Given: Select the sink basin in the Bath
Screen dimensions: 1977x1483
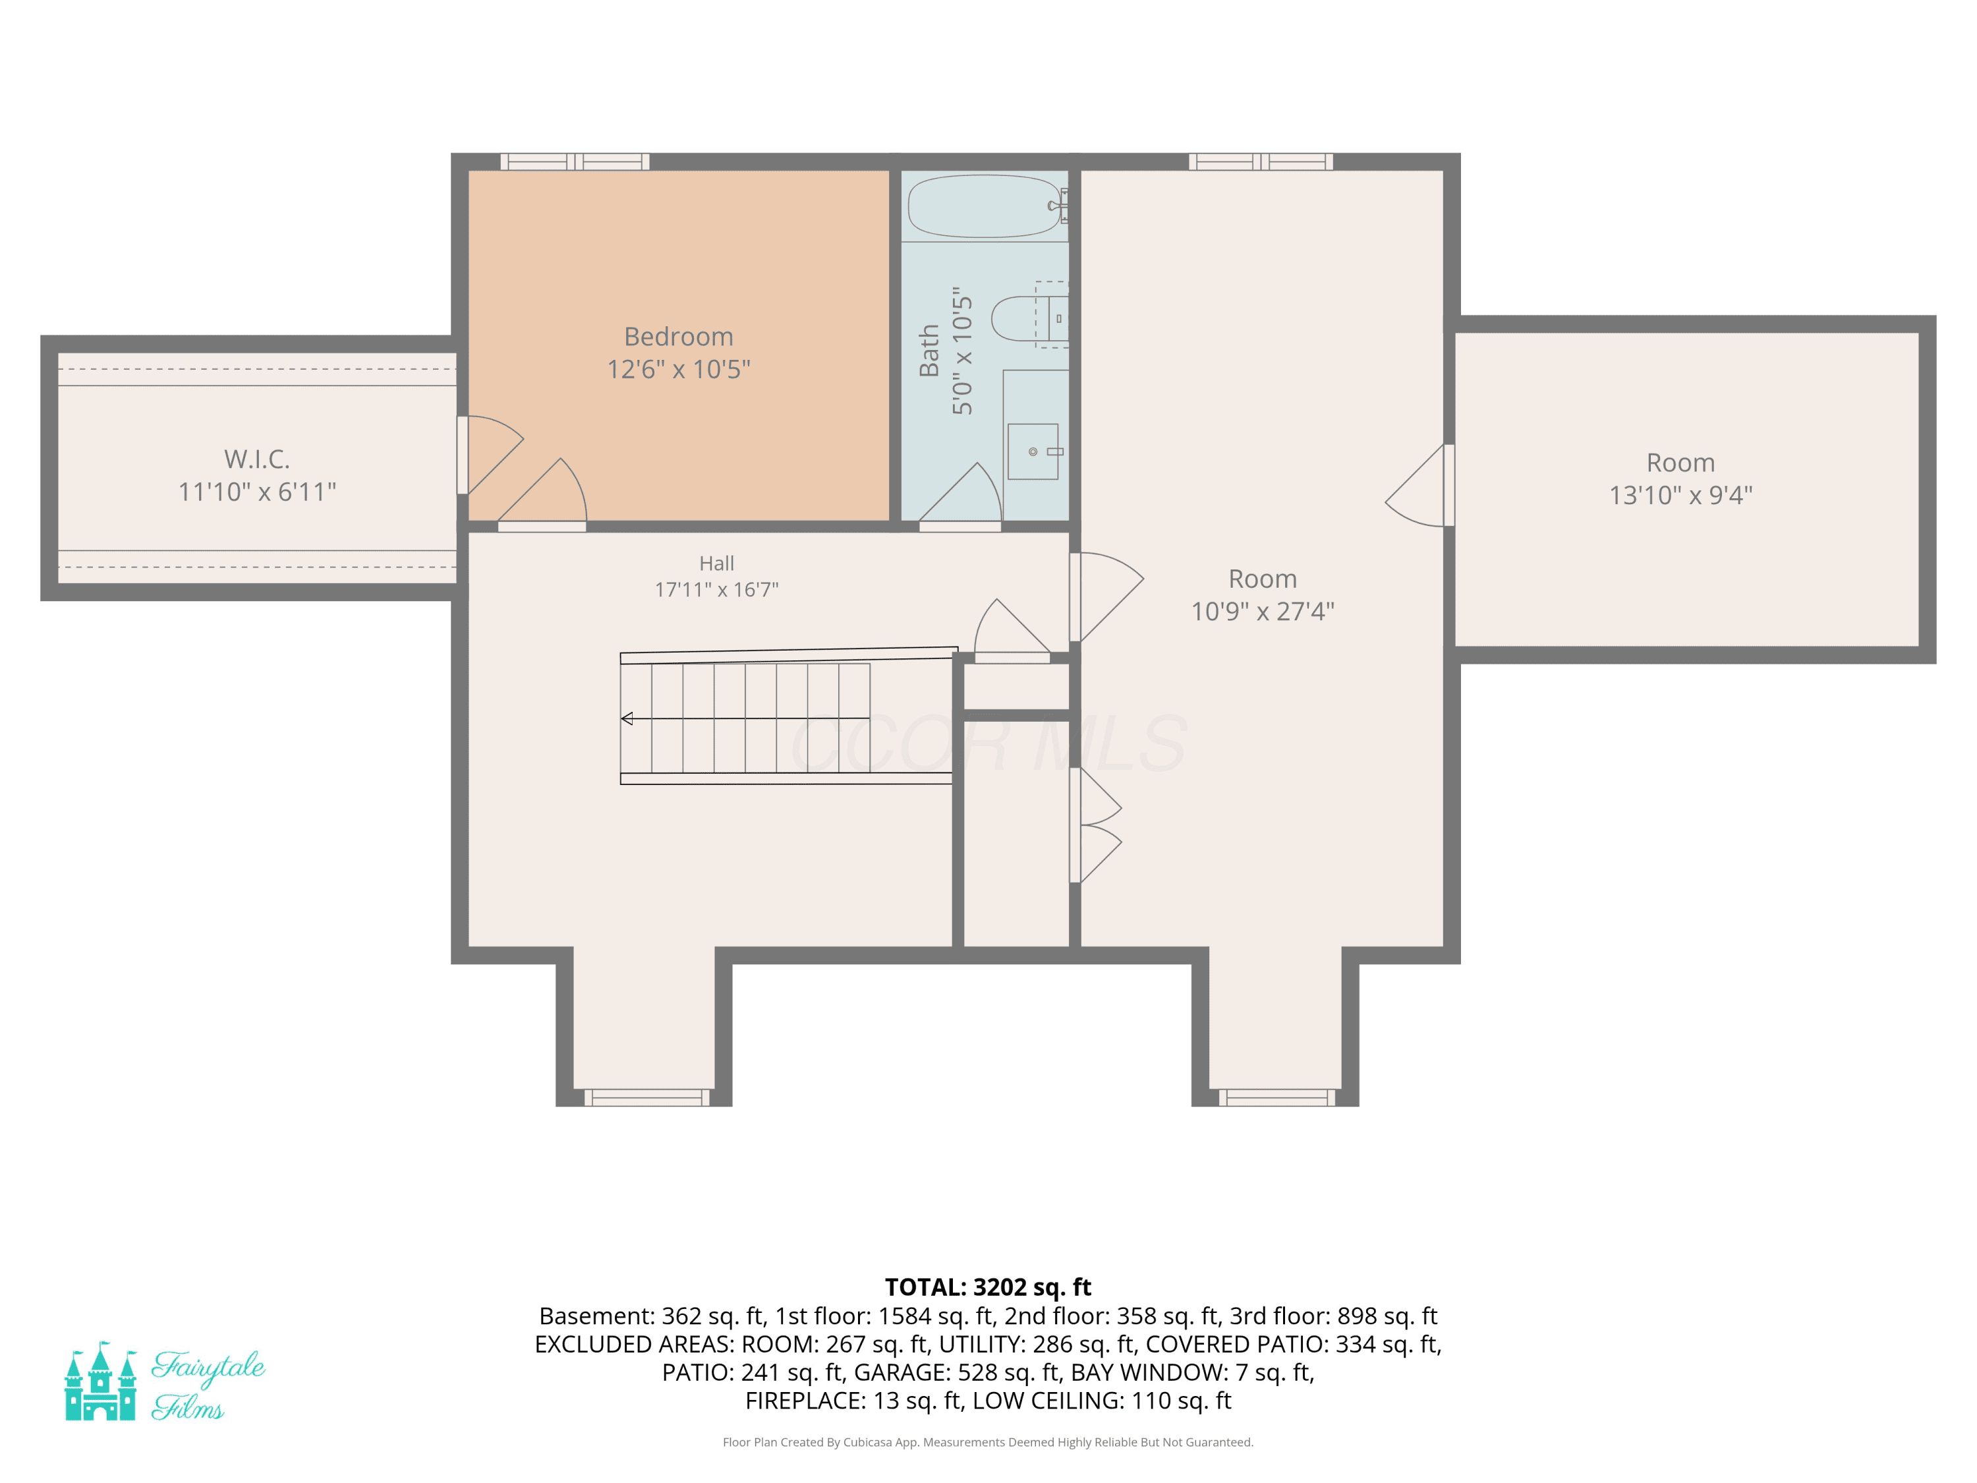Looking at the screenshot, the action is click(x=1033, y=451).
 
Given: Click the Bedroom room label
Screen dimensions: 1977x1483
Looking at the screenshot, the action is click(x=678, y=337).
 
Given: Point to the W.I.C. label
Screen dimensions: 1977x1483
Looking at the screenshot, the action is click(x=258, y=459).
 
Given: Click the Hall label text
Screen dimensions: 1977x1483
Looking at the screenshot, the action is click(x=717, y=563).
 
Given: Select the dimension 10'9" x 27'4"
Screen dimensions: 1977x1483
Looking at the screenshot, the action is click(x=1263, y=612).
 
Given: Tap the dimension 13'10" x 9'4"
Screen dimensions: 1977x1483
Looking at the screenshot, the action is click(x=1681, y=495).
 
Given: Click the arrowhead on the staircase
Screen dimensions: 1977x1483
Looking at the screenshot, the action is click(x=627, y=718).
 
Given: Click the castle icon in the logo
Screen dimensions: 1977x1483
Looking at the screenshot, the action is click(x=100, y=1381).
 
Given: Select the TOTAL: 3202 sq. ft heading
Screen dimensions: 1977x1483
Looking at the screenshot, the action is click(x=988, y=1287).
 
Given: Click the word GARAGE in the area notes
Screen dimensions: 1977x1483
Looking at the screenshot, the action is click(x=902, y=1372).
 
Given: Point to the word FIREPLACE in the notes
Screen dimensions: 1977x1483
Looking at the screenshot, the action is click(x=805, y=1401).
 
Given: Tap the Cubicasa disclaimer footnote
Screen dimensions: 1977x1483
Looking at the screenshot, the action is click(x=988, y=1442).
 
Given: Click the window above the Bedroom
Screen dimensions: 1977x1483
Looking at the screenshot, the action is click(x=575, y=161).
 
